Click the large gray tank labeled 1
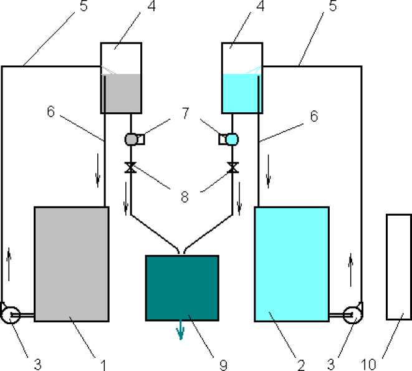71,264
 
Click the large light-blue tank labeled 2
292,264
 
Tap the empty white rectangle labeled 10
399,267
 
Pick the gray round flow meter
131,139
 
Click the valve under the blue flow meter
232,167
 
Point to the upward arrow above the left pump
9,255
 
